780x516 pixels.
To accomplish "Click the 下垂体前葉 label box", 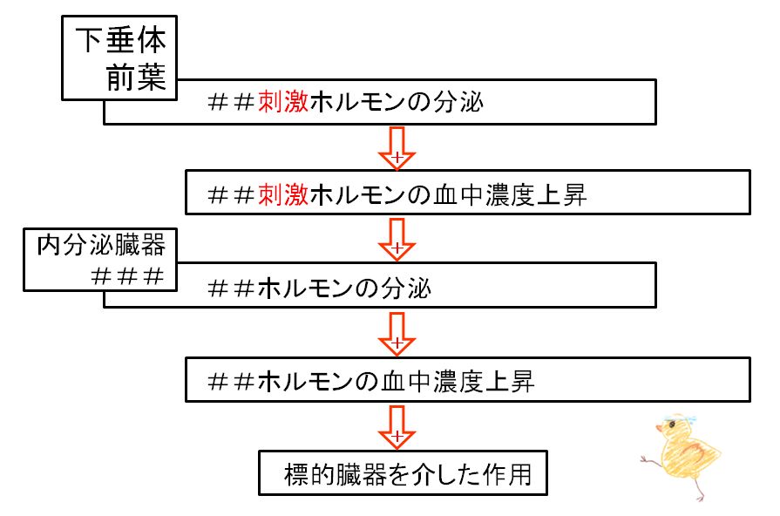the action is [x=119, y=58].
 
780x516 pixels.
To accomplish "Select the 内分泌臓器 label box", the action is [x=100, y=260].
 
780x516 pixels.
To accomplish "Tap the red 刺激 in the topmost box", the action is [x=283, y=102].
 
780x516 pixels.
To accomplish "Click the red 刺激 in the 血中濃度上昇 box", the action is [x=283, y=194].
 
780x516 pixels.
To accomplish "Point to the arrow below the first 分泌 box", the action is [x=397, y=148].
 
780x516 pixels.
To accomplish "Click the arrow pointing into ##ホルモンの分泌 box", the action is [x=397, y=240].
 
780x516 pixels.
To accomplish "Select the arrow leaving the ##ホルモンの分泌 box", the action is [x=397, y=334].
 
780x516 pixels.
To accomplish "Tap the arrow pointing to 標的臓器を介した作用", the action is [x=397, y=427].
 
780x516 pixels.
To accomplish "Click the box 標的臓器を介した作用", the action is [x=403, y=472].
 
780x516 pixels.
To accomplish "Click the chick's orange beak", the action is [x=660, y=428].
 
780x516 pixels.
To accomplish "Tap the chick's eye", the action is [x=672, y=425].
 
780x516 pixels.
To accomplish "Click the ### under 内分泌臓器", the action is [x=127, y=276].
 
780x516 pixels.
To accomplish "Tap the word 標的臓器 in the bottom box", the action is [x=336, y=474].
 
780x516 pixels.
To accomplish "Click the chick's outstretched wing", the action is [x=649, y=460].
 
